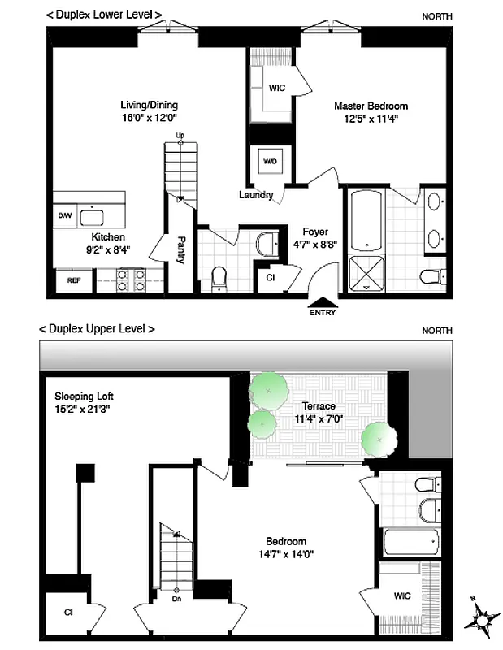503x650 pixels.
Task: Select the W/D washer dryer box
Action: (269, 161)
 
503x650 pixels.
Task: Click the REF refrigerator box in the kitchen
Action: (73, 280)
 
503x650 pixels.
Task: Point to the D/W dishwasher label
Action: (65, 215)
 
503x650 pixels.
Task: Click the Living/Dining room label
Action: (149, 105)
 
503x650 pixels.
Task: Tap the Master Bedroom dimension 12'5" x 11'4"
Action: (371, 118)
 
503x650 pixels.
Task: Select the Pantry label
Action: (181, 249)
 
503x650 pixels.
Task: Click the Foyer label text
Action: (314, 231)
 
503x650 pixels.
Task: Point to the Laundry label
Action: (255, 195)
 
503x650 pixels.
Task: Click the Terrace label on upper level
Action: (319, 406)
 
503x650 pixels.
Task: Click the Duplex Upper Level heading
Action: (97, 329)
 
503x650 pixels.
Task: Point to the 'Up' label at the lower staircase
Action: (180, 135)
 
